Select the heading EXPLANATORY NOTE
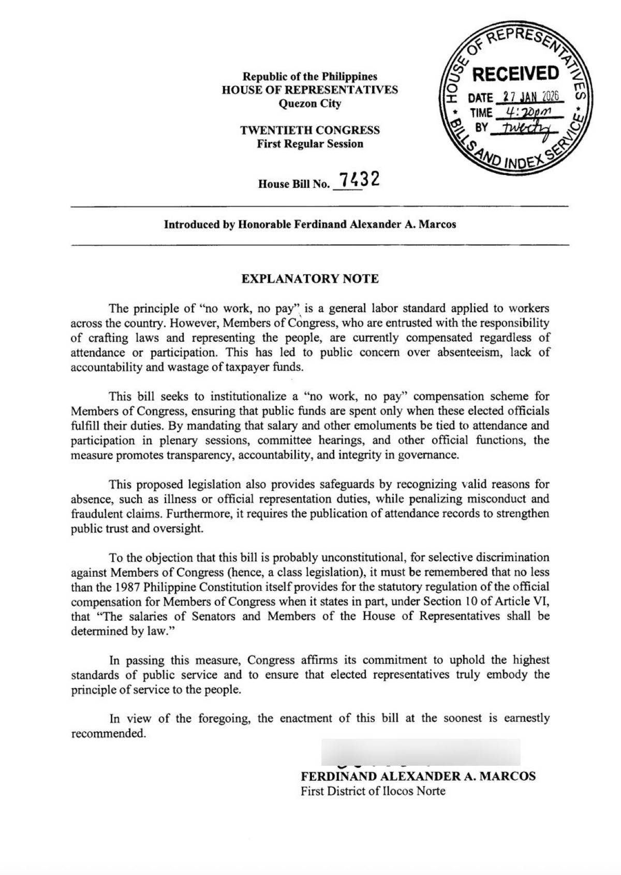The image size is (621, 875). tap(310, 279)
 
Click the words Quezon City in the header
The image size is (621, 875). tap(310, 104)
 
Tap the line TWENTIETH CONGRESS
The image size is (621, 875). tap(310, 130)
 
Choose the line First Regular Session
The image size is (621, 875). tap(310, 144)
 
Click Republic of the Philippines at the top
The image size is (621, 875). tap(310, 77)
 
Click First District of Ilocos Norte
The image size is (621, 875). tap(373, 791)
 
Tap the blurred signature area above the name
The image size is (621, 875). tap(420, 752)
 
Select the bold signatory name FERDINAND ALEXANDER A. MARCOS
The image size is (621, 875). tap(418, 777)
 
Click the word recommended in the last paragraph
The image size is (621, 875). tap(108, 734)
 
